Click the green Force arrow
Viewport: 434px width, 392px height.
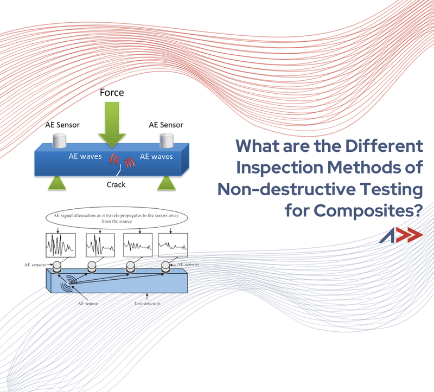[x=111, y=125]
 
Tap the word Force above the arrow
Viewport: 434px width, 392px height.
[x=111, y=93]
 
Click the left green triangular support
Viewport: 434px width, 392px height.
[x=60, y=182]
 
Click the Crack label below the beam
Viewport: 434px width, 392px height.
[x=116, y=185]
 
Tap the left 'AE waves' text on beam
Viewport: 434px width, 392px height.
[x=84, y=156]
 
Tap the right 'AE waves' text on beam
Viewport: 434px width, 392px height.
[x=156, y=156]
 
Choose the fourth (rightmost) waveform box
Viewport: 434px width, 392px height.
[x=172, y=247]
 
